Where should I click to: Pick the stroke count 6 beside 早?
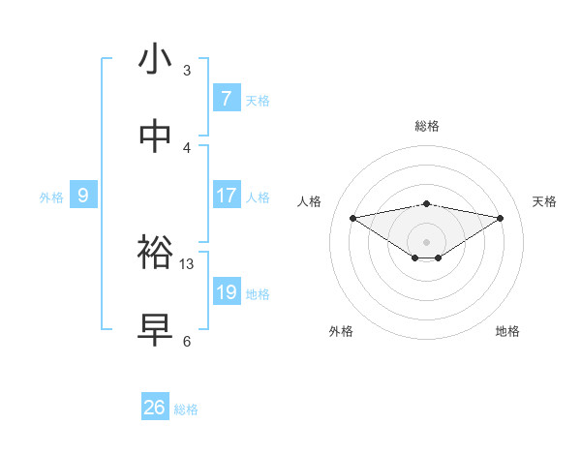[187, 341]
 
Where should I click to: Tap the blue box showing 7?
[226, 98]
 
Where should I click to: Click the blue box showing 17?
[226, 196]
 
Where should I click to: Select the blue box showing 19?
[226, 292]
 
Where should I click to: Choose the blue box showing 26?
[154, 408]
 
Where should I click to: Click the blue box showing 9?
[83, 196]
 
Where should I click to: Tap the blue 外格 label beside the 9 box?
[51, 197]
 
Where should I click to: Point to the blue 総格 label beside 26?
[186, 409]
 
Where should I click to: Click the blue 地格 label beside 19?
[258, 293]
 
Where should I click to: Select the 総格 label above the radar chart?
[426, 126]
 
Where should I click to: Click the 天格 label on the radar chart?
[545, 201]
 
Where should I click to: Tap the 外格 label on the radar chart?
[341, 331]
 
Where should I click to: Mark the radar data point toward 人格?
[352, 217]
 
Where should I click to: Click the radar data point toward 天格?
[501, 217]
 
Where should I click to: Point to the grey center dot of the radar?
[426, 241]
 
